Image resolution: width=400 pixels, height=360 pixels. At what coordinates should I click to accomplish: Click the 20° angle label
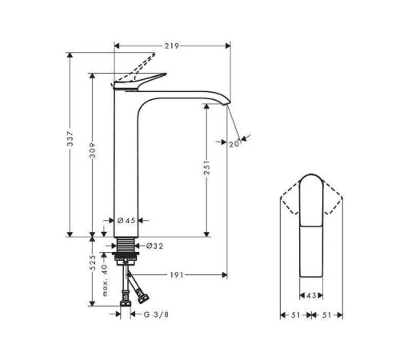click(234, 144)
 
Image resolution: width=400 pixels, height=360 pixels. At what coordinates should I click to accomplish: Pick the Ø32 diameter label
click(154, 246)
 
